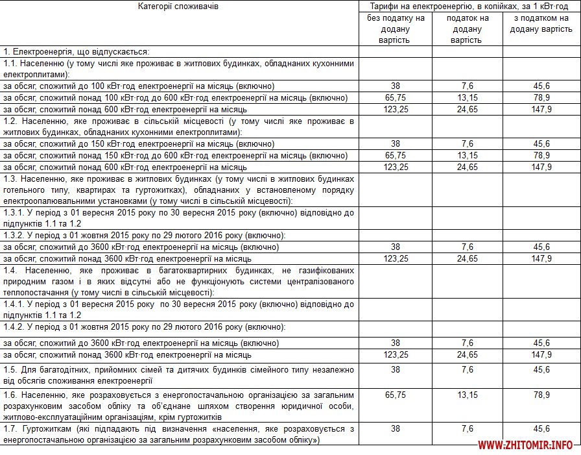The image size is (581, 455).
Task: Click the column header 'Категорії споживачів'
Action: click(179, 6)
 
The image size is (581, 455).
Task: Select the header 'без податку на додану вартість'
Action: click(395, 29)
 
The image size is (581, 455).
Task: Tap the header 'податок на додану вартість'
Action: click(467, 29)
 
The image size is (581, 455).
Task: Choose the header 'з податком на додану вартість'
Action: click(541, 23)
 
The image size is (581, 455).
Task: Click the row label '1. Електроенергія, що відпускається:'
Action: click(77, 51)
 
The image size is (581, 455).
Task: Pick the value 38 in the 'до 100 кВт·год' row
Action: click(396, 86)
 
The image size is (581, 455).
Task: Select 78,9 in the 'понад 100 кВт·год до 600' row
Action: click(541, 98)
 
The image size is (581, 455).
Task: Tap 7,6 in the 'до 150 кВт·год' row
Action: click(468, 144)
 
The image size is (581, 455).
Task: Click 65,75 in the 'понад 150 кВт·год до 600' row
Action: click(396, 156)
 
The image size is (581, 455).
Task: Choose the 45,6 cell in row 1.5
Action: click(541, 369)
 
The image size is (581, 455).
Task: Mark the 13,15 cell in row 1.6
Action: click(468, 395)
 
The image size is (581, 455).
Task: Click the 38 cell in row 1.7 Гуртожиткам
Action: click(396, 428)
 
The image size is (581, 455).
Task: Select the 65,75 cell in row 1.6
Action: click(396, 395)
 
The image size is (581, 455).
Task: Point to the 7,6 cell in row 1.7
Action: click(468, 428)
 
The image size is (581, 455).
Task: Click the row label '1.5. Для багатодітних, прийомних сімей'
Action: click(178, 375)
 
